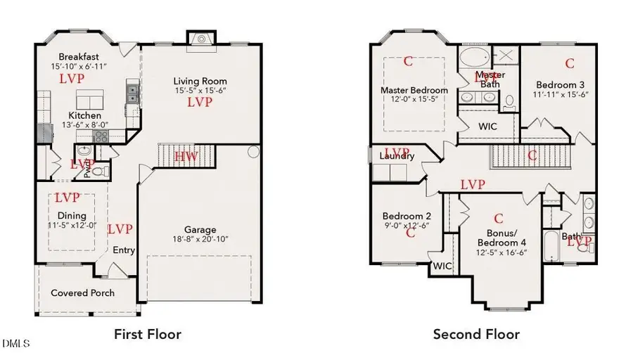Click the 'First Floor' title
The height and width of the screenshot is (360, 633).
tap(148, 334)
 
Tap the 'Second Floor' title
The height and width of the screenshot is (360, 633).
tap(476, 334)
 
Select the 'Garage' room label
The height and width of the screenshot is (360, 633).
tap(201, 229)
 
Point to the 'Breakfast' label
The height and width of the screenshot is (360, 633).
tap(79, 57)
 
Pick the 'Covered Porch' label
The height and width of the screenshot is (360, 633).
tap(83, 292)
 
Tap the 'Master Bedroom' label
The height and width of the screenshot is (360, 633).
tap(414, 90)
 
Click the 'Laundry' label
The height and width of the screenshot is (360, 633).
tap(397, 156)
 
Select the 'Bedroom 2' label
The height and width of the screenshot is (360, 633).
tap(407, 216)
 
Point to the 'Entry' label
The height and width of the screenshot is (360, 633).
tap(124, 250)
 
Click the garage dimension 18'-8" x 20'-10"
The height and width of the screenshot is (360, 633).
tap(200, 239)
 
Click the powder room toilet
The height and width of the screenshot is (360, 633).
tap(99, 170)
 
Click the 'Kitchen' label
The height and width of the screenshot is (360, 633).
tap(84, 115)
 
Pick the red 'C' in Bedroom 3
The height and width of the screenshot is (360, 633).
tap(569, 64)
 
